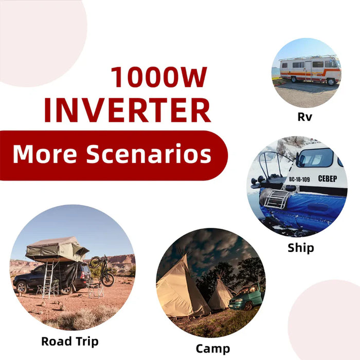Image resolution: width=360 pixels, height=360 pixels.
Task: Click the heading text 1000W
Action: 159,77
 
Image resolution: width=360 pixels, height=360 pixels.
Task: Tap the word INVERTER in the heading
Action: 128,111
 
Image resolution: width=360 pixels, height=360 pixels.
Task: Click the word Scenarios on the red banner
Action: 149,154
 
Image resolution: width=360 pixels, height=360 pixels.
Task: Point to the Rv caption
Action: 304,117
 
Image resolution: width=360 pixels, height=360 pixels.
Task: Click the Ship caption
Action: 301,248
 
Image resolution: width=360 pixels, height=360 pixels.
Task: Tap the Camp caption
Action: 213,349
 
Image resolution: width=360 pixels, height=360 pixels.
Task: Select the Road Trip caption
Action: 70,341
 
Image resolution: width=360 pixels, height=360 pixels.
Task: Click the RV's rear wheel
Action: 331,82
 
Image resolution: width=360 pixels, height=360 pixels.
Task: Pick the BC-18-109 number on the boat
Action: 299,179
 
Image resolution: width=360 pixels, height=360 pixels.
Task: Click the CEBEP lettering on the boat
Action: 328,178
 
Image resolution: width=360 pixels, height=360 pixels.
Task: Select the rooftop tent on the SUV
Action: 57,249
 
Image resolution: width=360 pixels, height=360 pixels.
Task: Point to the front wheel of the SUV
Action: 22,287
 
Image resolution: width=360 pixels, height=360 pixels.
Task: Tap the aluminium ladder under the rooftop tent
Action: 48,280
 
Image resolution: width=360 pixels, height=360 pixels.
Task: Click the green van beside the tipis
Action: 246,297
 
